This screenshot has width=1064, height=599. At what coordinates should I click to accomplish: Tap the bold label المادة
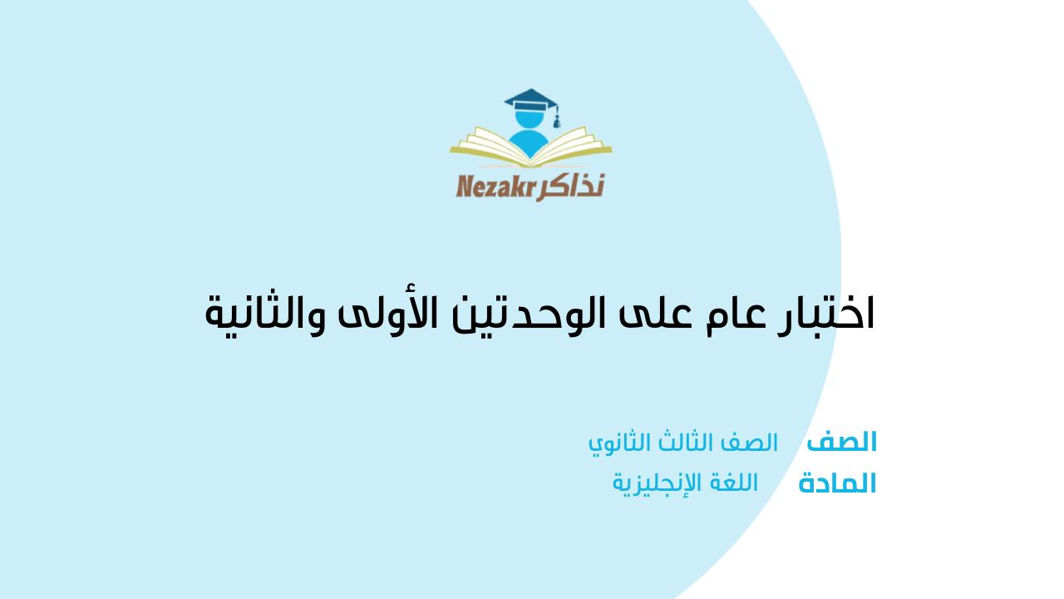click(837, 483)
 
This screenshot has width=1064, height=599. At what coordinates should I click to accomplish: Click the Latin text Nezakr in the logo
click(496, 186)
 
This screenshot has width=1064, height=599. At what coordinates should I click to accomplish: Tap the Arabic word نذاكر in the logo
click(570, 186)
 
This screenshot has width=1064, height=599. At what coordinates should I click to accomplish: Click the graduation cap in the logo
click(531, 100)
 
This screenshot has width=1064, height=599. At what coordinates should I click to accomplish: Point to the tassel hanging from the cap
click(556, 118)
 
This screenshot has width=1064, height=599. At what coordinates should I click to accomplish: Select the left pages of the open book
click(490, 144)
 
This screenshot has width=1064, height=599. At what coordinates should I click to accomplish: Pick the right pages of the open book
click(571, 144)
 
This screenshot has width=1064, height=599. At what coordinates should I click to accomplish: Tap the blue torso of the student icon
click(530, 142)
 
